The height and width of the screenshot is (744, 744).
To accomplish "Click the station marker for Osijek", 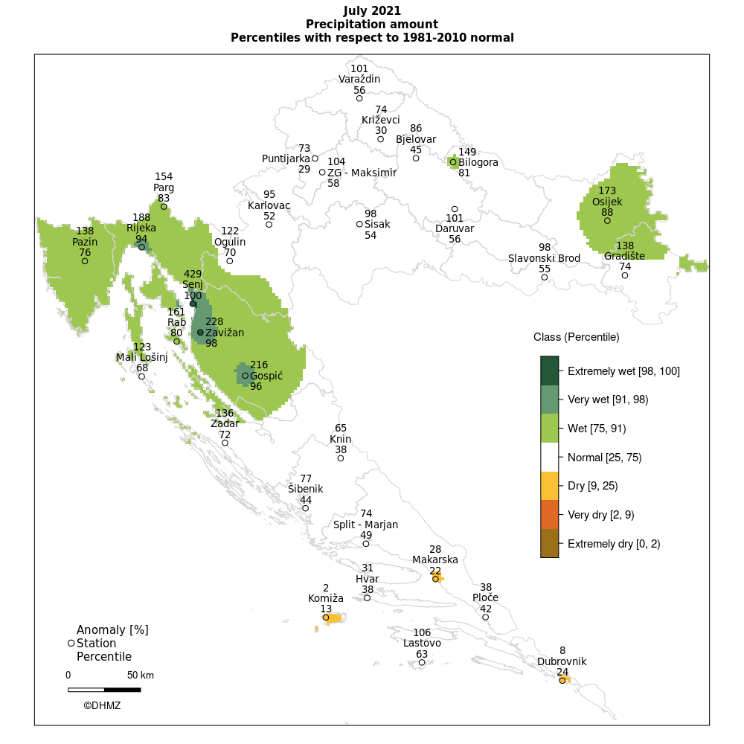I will tap(607, 220).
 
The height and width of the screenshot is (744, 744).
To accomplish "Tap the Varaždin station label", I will tap(359, 79).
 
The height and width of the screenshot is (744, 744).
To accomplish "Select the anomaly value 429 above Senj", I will tap(193, 274).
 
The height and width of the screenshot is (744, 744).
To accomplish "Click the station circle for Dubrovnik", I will tap(562, 681).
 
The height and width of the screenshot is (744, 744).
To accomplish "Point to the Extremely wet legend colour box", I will tap(549, 371).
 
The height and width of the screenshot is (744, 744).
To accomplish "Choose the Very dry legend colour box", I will tap(549, 515).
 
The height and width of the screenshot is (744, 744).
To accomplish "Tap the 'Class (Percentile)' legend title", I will tap(576, 337).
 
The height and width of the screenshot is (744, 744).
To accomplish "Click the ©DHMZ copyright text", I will tap(102, 705).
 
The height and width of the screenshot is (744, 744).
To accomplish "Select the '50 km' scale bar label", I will tap(140, 676).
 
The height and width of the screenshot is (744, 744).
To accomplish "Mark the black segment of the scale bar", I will tap(122, 690).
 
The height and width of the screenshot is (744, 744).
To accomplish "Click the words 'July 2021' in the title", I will tap(372, 11).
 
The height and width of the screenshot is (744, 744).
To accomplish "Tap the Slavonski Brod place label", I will tap(544, 258).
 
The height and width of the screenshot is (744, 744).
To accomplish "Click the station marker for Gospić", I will tap(245, 376).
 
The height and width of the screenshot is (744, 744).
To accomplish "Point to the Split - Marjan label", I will tap(365, 525).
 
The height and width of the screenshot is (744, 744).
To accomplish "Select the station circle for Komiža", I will tap(326, 618).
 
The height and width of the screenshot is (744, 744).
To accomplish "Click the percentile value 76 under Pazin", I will tap(85, 252).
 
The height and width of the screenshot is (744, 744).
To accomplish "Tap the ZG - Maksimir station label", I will tap(362, 173).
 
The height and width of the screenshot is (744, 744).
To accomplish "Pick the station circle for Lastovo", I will tap(422, 662).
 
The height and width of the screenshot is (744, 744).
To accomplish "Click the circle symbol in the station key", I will tap(71, 643).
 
